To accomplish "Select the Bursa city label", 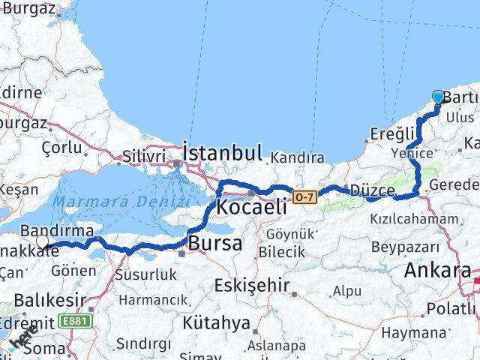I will (x=215, y=243).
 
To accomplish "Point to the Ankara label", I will (x=437, y=271).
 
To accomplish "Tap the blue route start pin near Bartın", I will (x=438, y=97).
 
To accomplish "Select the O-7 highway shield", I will (x=302, y=196).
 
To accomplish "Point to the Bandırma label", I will (x=57, y=230).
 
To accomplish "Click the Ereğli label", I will (x=391, y=134).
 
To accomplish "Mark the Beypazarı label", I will (x=403, y=247).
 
